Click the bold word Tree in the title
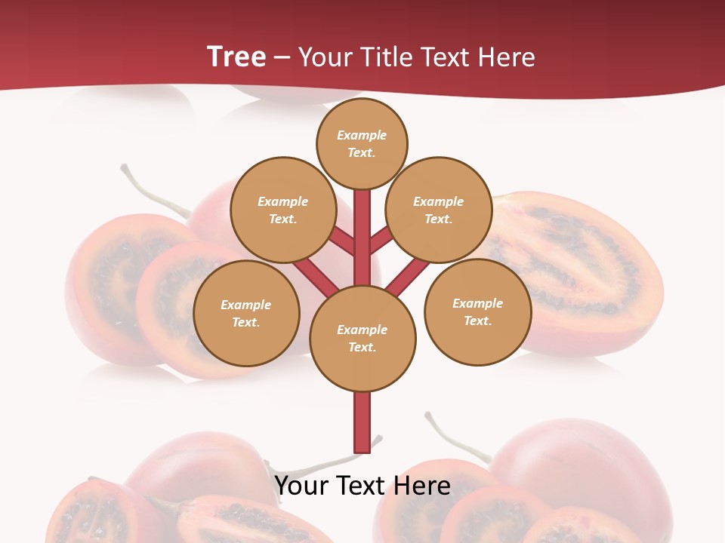coord(236,57)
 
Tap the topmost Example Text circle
coord(362,143)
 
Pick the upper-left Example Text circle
coord(282,210)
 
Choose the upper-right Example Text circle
coord(438,210)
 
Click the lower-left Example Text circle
coord(246,313)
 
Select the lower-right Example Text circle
coord(477,311)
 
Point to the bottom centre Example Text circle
coord(362,338)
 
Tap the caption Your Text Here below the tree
coord(362,486)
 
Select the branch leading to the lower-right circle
coord(409,275)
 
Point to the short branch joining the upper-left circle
coord(342,241)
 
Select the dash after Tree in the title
coord(282,57)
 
